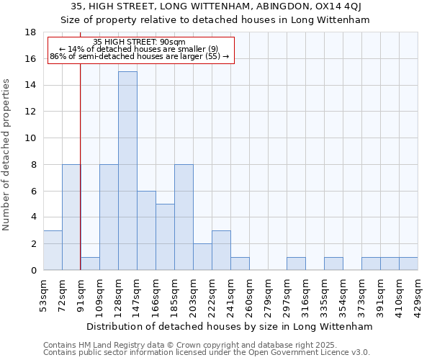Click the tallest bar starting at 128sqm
coord(127,171)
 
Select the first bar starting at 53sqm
coord(53,251)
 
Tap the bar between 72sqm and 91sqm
coord(71,217)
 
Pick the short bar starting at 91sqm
coord(90,264)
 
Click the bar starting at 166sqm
coord(165,237)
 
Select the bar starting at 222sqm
coord(221,251)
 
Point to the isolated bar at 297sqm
coord(296,264)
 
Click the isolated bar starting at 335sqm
coord(333,264)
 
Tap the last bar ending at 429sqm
coord(408,264)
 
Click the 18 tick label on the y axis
coord(31,32)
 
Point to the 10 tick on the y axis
coord(31,138)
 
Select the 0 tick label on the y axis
coord(33,271)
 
